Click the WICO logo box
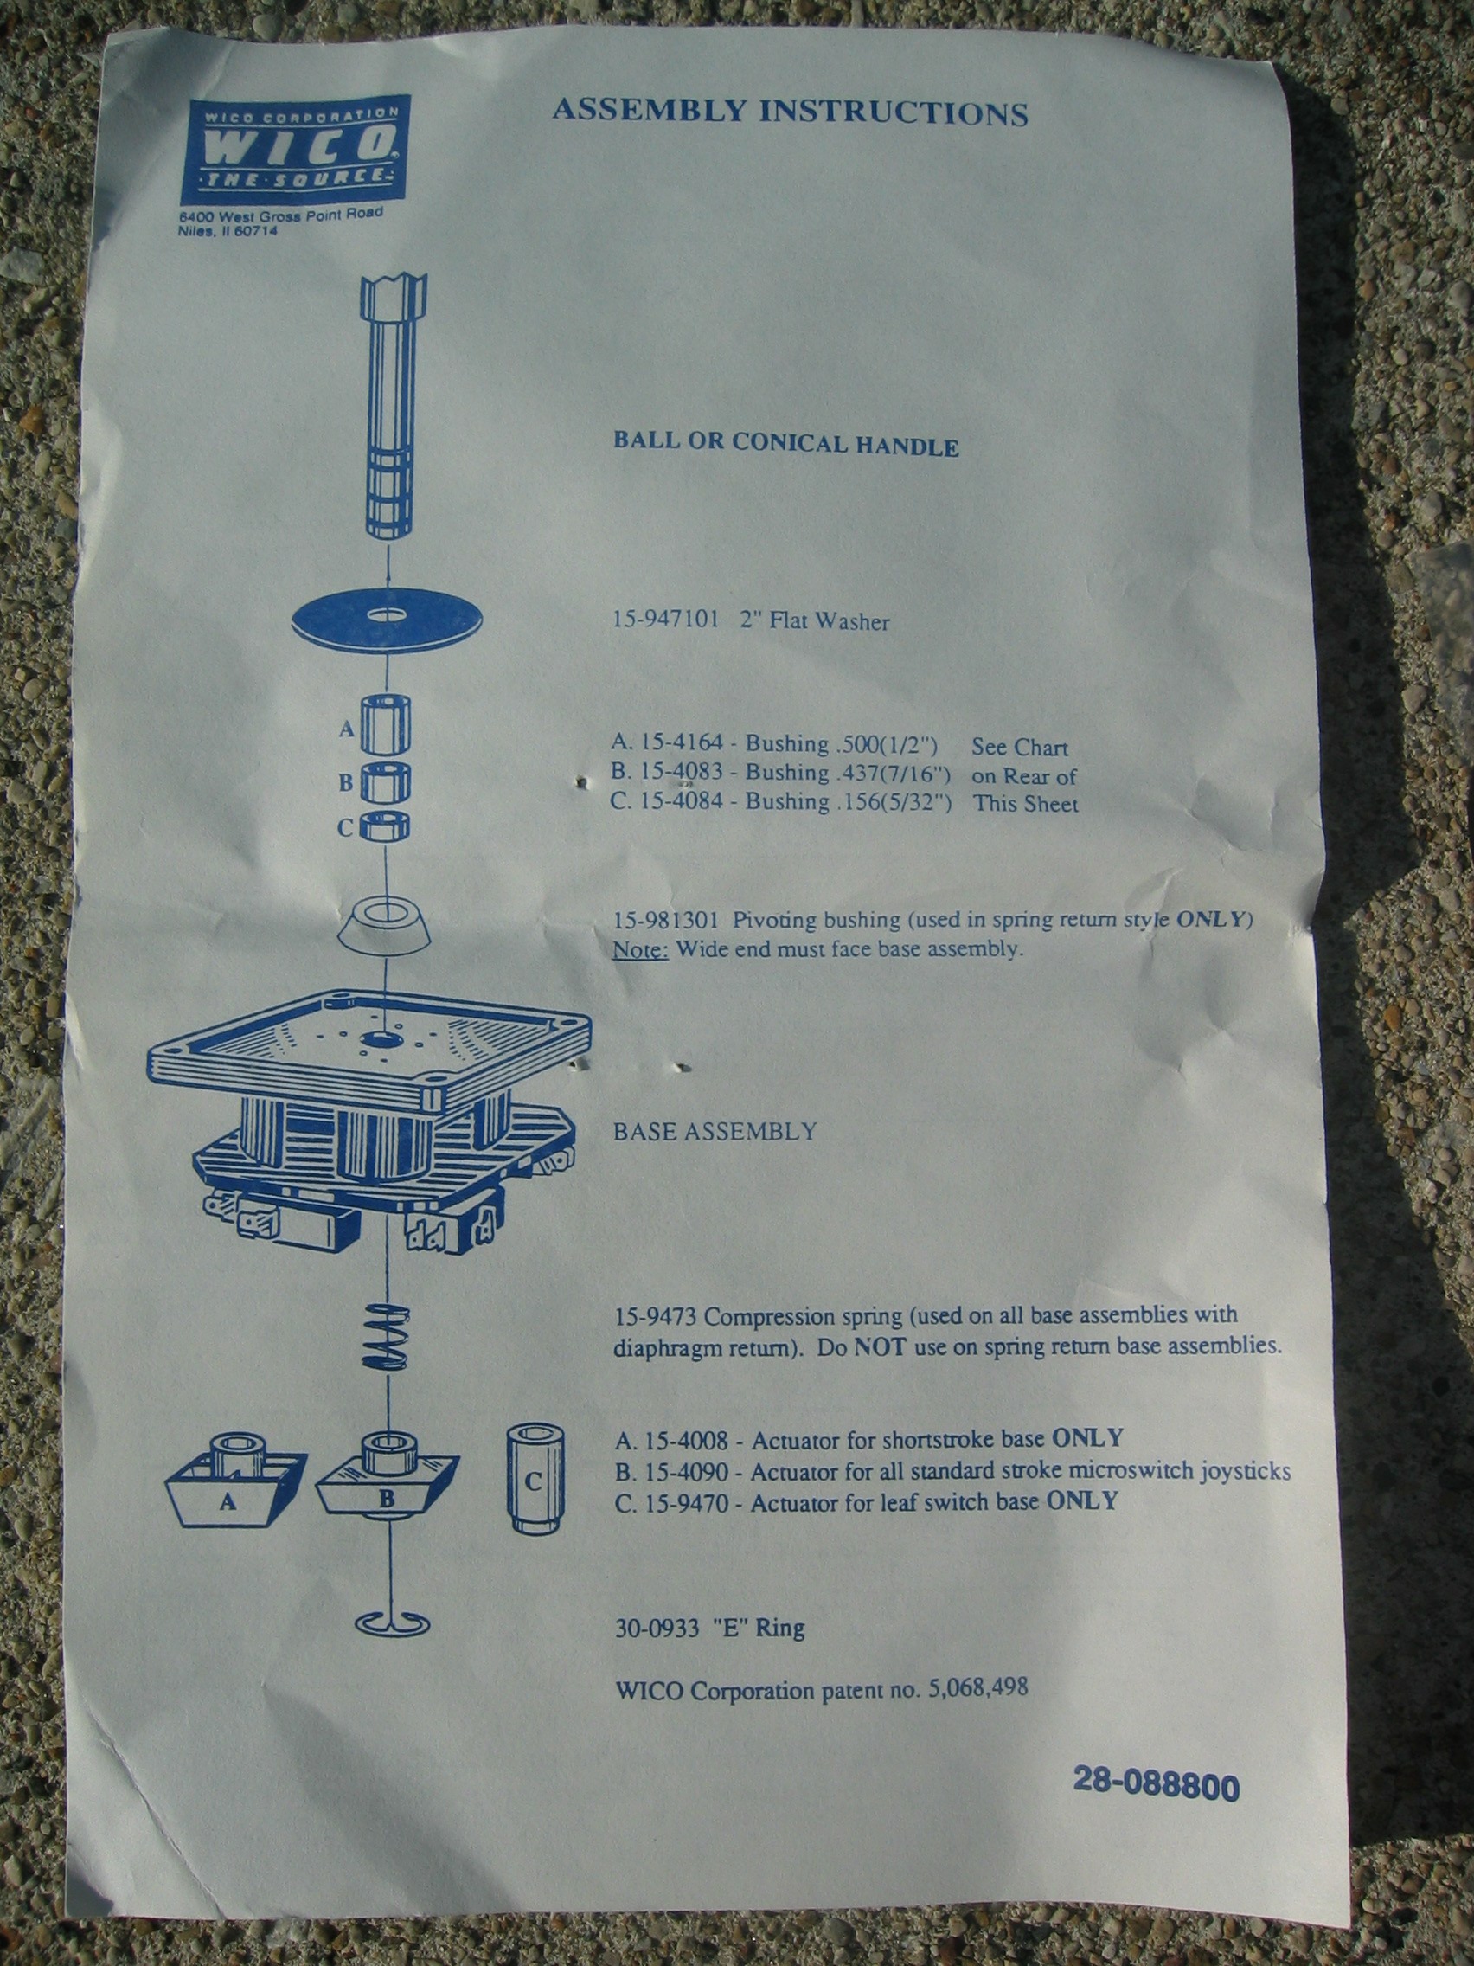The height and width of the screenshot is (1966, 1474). pos(295,150)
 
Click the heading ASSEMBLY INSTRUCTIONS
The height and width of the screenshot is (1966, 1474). pos(790,112)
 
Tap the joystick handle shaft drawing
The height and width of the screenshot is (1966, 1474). pos(391,406)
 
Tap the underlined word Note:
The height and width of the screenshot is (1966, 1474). pos(640,949)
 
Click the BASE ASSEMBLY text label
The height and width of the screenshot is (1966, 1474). pos(715,1132)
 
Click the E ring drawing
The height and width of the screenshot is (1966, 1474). pos(392,1624)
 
